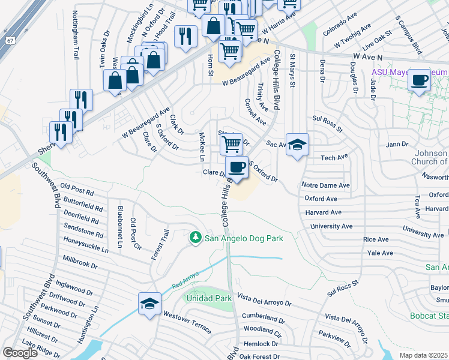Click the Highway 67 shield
11,40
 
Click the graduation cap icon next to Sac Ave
297,145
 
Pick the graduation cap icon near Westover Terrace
149,304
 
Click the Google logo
20,353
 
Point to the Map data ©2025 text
424,355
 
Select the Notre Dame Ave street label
325,186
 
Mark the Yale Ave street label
380,254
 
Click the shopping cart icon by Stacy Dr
231,143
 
